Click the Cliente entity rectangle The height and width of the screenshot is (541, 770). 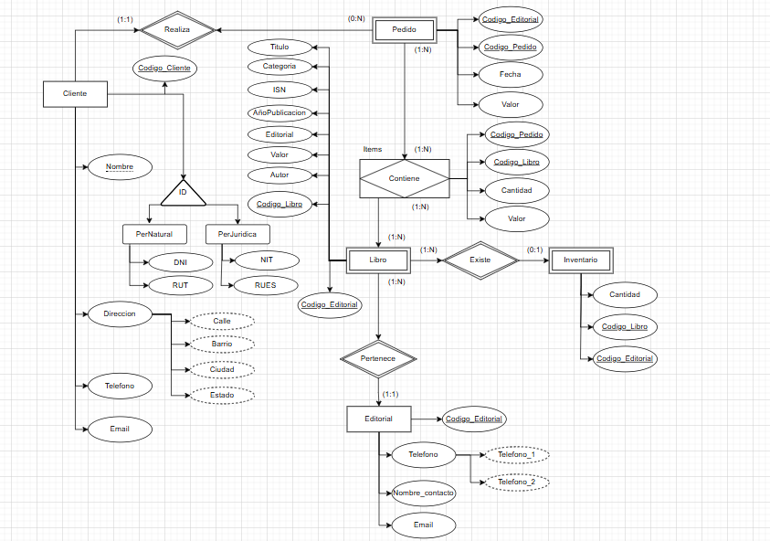pos(75,94)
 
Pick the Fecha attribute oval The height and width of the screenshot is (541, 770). pos(511,74)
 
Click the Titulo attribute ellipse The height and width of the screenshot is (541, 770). pos(280,47)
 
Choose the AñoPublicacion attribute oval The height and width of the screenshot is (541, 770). pos(280,112)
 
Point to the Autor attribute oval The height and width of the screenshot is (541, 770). pos(280,175)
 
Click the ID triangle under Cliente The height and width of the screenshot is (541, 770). pos(182,193)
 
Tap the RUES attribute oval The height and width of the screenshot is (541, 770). pos(266,285)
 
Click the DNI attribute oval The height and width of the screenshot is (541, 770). pos(180,262)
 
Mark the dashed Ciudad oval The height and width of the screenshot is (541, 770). pos(222,370)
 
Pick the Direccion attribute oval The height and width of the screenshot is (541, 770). pos(113,314)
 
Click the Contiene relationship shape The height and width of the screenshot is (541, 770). pos(404,178)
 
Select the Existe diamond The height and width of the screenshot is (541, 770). pos(480,260)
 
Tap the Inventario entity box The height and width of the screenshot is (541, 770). pos(580,260)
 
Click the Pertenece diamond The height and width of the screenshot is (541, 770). pos(378,359)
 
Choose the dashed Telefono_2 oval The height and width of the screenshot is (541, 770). pos(517,482)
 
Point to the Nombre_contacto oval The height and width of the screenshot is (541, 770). pos(423,493)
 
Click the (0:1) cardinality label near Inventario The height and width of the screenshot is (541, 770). pos(535,248)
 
